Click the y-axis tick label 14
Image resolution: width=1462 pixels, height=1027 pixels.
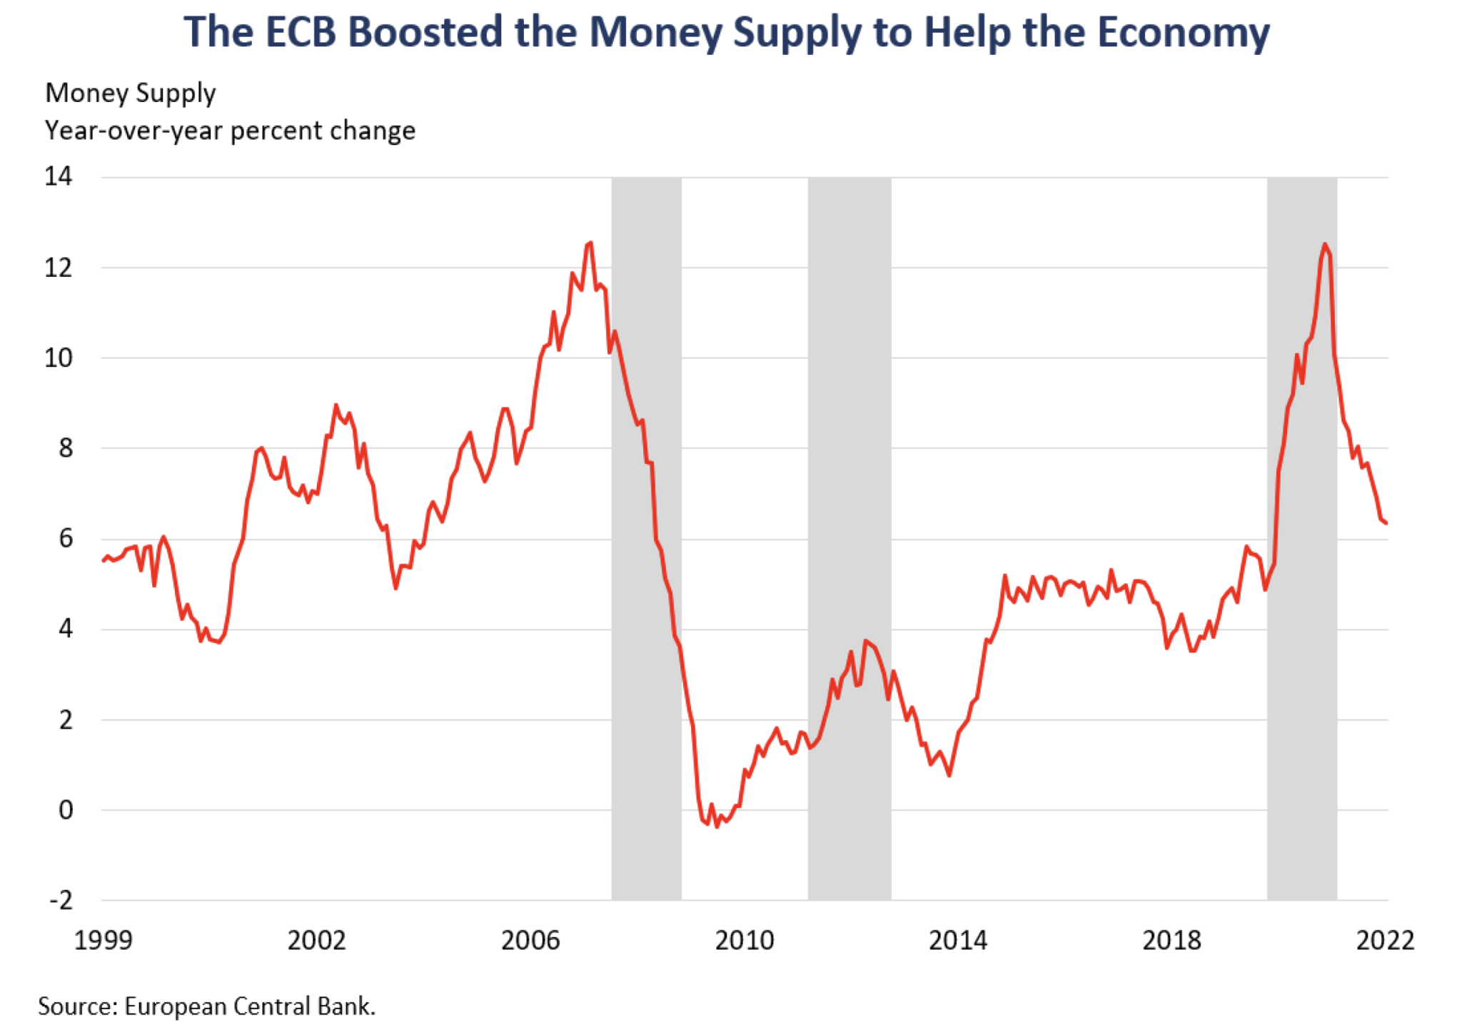pos(59,176)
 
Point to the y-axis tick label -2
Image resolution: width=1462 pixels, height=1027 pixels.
pos(61,900)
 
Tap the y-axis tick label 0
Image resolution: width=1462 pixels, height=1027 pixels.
pos(66,810)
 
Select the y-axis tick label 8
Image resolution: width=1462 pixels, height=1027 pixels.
pos(66,448)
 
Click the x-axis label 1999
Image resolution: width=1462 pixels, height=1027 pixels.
pos(104,940)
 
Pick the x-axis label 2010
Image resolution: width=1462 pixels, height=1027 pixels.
pos(744,940)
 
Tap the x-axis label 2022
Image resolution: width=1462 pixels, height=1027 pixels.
pos(1385,940)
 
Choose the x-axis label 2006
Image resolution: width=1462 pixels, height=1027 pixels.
pos(530,940)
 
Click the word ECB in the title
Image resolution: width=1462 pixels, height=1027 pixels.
pos(300,33)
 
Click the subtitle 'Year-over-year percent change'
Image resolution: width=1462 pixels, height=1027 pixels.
pos(230,131)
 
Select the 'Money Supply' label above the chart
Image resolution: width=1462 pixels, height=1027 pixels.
pos(131,93)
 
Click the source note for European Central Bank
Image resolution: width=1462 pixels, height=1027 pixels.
pos(206,1006)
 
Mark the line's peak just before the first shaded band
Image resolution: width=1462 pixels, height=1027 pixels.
pos(590,243)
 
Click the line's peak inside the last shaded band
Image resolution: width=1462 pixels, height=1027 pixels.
pos(1324,244)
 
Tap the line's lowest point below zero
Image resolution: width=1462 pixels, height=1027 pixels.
pos(717,826)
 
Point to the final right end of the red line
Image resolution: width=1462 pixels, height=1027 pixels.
pos(1386,523)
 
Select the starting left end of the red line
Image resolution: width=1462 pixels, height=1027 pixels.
pos(104,561)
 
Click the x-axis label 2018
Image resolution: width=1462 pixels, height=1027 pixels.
pos(1171,940)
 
